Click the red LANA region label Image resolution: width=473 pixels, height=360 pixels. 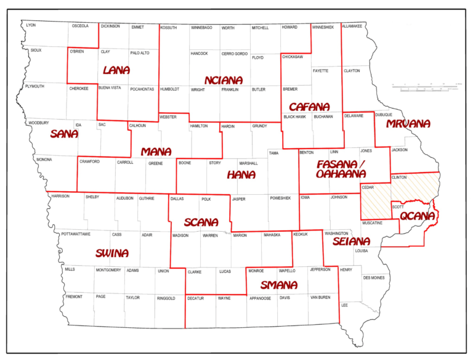(x=116, y=70)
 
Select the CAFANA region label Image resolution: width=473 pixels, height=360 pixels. (x=309, y=106)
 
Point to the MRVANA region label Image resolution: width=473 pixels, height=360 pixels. (x=408, y=124)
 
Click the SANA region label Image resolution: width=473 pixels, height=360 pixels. (x=64, y=134)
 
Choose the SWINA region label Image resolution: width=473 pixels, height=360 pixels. (x=112, y=253)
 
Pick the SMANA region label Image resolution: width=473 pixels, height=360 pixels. (x=278, y=285)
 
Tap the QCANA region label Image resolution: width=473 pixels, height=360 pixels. (x=418, y=216)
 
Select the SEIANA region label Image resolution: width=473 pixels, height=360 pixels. (x=351, y=242)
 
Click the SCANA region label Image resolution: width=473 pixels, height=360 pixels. (x=201, y=222)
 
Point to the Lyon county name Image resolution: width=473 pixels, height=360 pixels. (x=31, y=25)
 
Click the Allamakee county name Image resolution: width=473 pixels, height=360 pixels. (x=352, y=27)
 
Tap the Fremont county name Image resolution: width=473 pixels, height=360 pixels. (x=73, y=297)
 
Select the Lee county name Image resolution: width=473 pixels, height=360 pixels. (x=345, y=305)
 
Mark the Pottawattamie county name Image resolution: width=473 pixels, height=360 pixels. (x=76, y=235)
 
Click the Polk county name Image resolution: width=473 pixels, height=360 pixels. (x=206, y=199)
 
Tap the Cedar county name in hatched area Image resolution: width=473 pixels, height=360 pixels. (x=368, y=187)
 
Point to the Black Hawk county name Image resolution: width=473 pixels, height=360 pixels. (x=294, y=117)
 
